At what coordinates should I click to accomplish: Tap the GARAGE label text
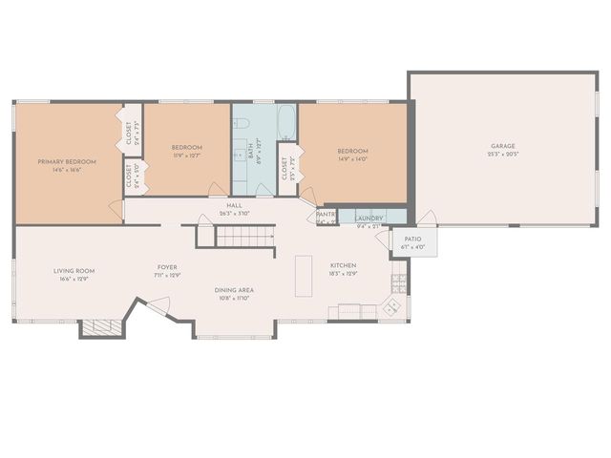502,145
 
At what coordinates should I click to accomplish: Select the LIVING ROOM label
74,270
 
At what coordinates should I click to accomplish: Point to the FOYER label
168,266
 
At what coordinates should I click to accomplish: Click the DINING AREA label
233,290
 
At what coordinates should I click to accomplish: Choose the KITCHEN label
344,264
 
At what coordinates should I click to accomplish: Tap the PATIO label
412,239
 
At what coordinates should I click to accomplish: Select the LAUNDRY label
369,218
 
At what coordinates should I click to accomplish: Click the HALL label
234,205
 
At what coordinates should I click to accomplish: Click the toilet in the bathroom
242,123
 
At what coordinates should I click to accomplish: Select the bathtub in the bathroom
286,121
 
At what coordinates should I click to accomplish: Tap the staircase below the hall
244,236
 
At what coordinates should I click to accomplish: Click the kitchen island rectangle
304,276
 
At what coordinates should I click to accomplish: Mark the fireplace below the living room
100,327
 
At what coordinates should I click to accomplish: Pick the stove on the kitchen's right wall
399,282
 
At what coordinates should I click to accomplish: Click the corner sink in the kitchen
391,307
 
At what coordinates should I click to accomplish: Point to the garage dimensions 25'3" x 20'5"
502,154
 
